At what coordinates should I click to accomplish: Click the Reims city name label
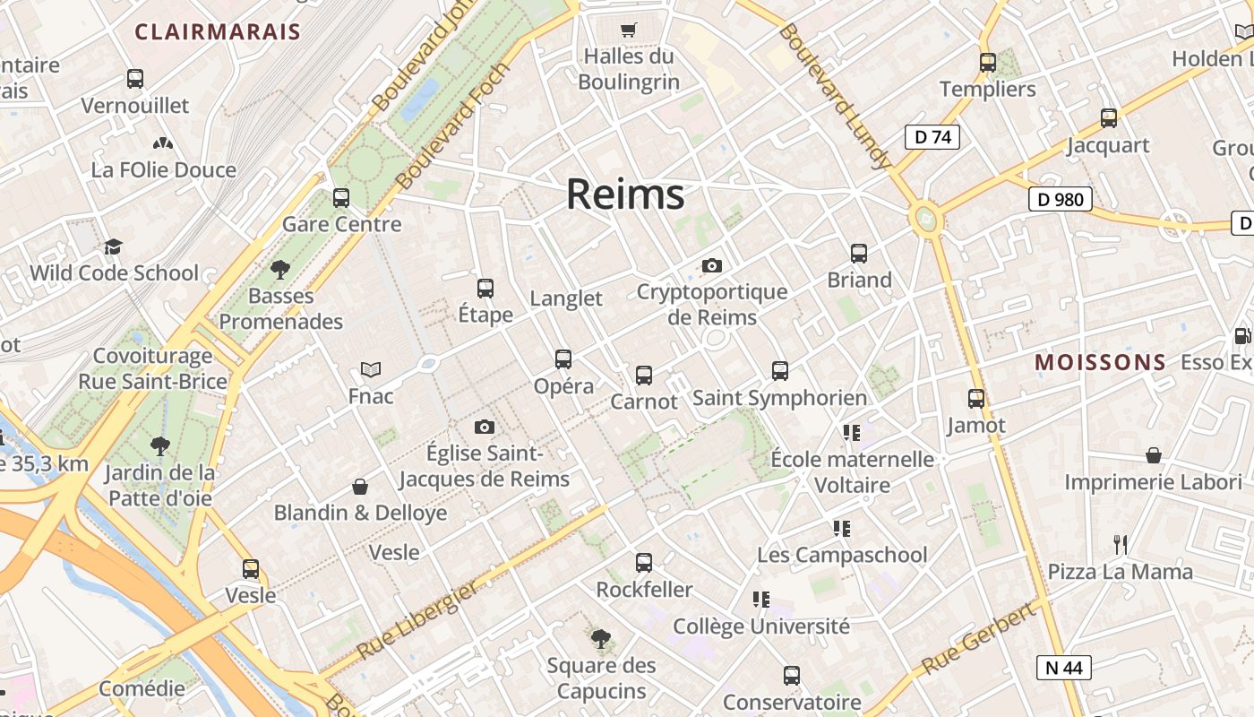click(625, 194)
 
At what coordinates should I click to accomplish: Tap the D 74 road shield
click(932, 137)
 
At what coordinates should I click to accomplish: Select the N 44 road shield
click(1064, 667)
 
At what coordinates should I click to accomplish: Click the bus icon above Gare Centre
click(341, 197)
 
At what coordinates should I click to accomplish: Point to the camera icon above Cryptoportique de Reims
click(712, 265)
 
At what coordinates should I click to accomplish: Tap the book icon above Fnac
click(370, 368)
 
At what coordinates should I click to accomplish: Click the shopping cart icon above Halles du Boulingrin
click(628, 30)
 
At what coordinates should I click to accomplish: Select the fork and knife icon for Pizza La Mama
click(1120, 544)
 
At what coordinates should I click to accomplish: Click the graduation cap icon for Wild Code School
click(113, 246)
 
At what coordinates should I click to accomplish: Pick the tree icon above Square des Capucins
click(601, 639)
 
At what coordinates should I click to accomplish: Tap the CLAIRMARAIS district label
click(218, 32)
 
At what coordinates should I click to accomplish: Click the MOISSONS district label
click(1101, 362)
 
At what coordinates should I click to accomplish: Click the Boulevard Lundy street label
click(835, 96)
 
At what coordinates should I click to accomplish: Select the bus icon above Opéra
click(563, 359)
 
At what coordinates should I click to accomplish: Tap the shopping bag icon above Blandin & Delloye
click(360, 487)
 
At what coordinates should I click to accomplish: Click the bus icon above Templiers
click(988, 63)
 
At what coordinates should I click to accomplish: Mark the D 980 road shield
click(1061, 199)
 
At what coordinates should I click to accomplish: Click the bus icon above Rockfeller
click(644, 563)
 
